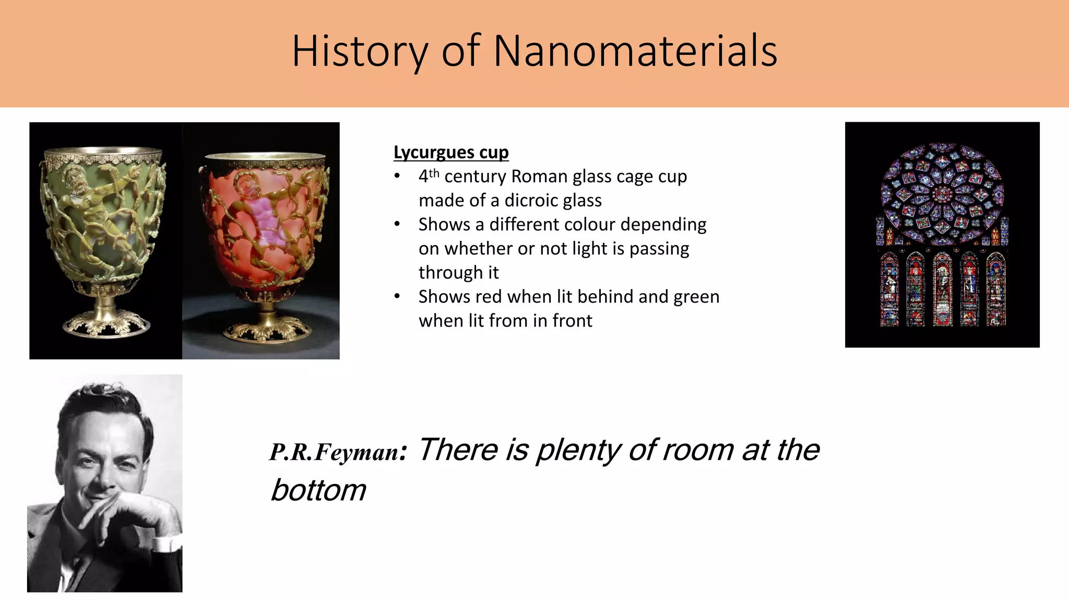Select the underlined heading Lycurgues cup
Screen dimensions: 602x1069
point(451,152)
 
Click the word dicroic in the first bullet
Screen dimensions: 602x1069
point(532,201)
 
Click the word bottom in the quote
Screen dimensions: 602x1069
point(318,490)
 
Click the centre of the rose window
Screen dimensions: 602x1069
point(942,194)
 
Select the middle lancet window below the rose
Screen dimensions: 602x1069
point(942,290)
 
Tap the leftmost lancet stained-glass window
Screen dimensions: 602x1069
point(889,290)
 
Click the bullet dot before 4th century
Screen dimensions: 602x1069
point(397,177)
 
